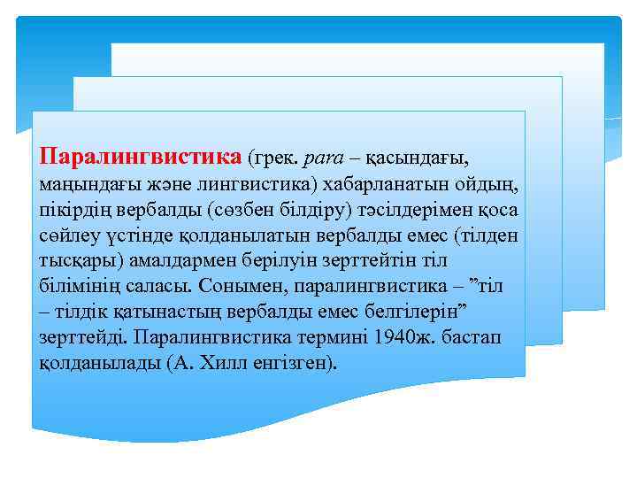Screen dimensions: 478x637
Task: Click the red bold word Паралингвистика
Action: tap(141, 158)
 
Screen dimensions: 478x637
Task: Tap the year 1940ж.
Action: tap(403, 338)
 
